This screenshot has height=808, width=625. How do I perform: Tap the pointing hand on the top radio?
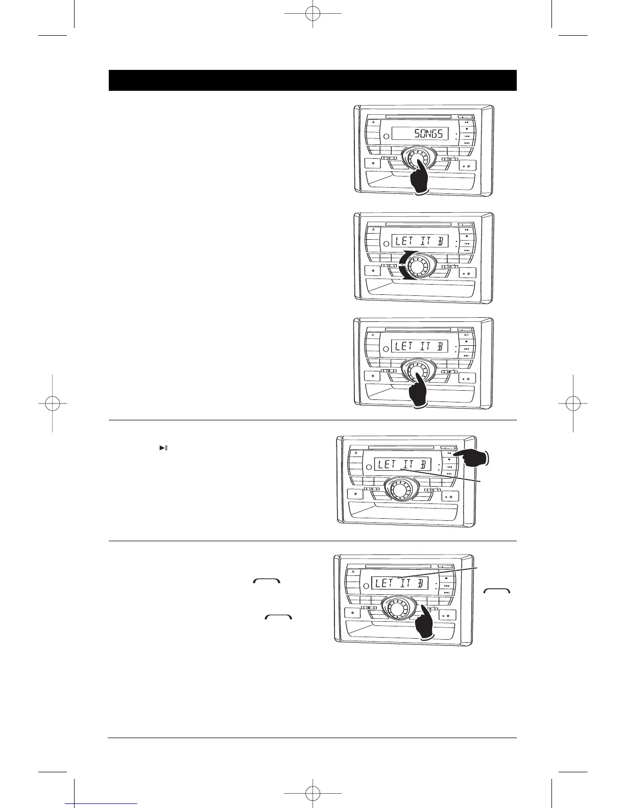(421, 179)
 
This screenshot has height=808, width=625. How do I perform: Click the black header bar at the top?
(312, 80)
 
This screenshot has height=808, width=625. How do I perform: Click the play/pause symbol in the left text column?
(163, 448)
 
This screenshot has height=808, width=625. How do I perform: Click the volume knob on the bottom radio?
(395, 607)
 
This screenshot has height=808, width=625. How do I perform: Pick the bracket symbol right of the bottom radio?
(496, 591)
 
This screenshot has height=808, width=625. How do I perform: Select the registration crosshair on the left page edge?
(53, 403)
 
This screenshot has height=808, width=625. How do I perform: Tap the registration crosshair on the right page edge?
(572, 403)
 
